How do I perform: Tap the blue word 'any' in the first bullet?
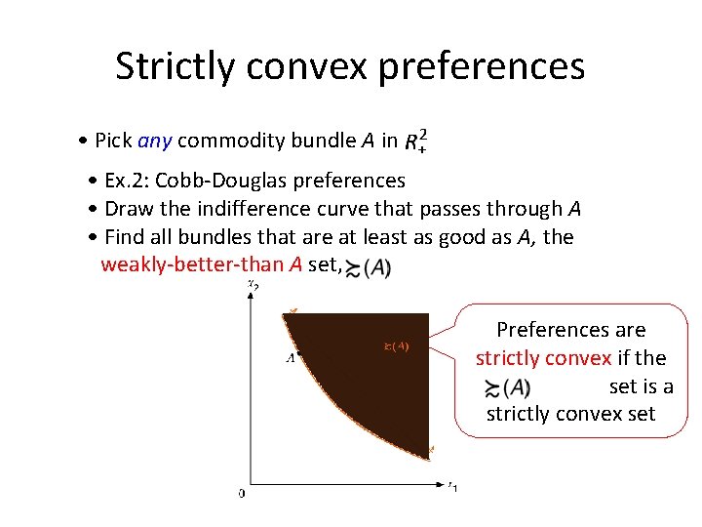click(155, 141)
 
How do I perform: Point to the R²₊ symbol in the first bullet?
click(416, 141)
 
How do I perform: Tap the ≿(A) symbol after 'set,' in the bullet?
click(370, 267)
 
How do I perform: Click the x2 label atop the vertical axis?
click(253, 286)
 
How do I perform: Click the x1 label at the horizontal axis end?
click(452, 486)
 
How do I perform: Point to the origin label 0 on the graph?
click(242, 493)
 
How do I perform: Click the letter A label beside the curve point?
click(290, 357)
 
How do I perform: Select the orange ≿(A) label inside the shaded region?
click(395, 345)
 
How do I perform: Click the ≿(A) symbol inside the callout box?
click(507, 387)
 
